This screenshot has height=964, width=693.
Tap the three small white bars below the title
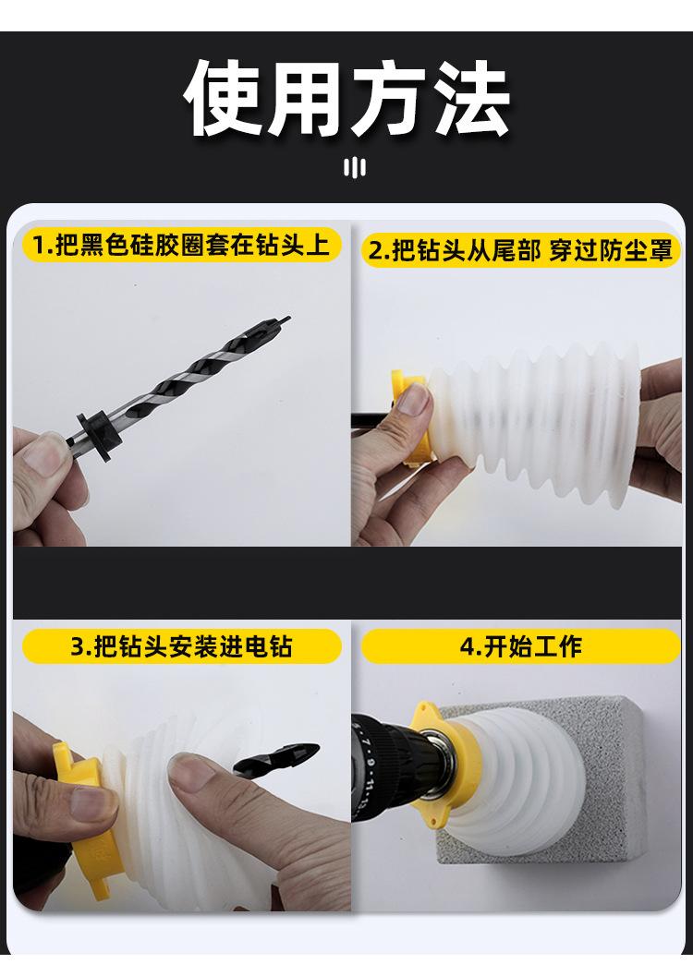pos(355,168)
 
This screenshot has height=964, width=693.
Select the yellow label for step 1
pos(181,245)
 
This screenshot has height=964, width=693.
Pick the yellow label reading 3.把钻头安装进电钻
pos(181,646)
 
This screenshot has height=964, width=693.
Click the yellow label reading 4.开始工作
pos(520,646)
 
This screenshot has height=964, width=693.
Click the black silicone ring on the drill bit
pos(98,433)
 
